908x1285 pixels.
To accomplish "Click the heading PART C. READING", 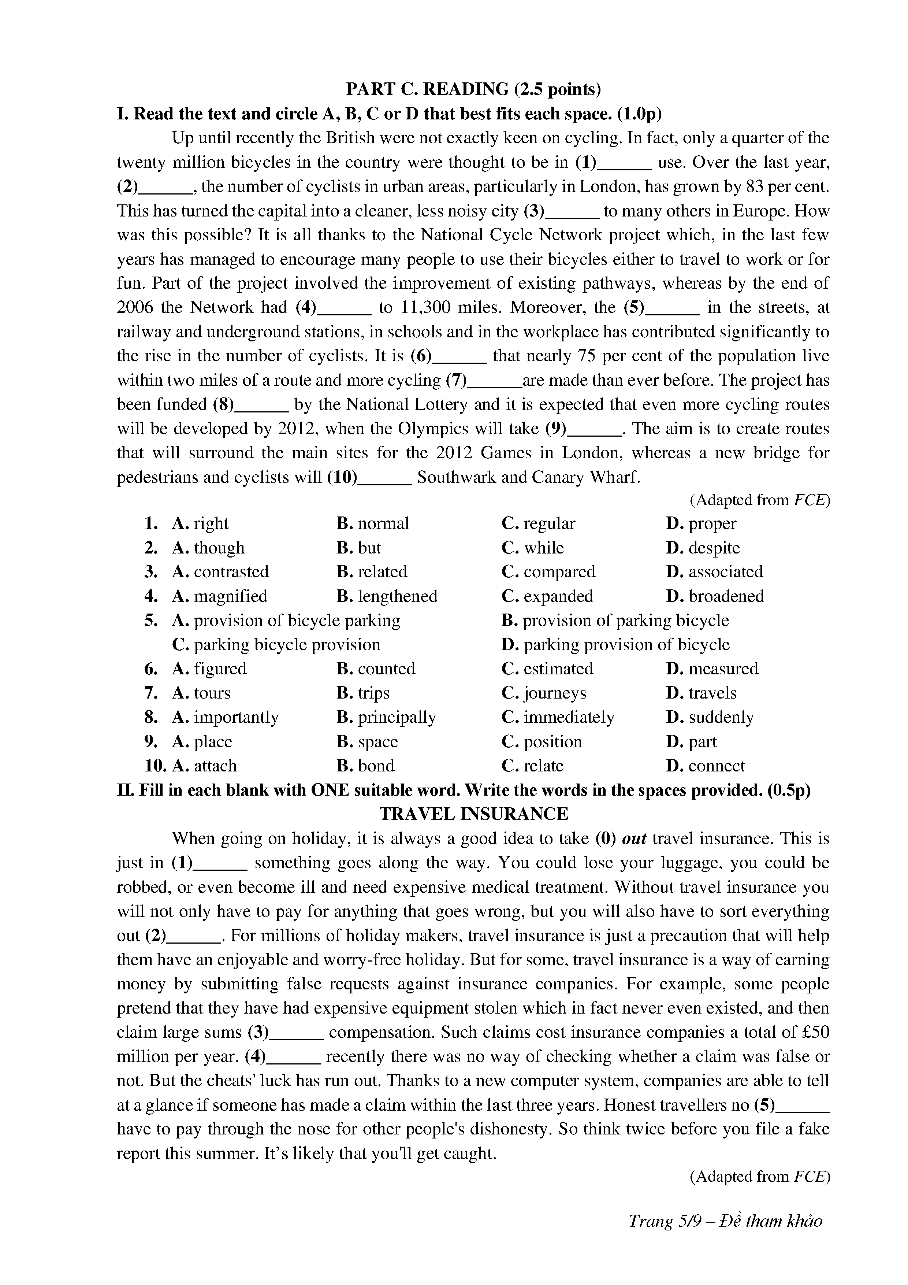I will pyautogui.click(x=473, y=89).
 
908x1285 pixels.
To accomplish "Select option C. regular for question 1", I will pyautogui.click(x=538, y=523).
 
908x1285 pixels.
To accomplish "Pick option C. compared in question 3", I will pyautogui.click(x=548, y=571).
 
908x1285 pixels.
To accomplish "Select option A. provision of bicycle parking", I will pyautogui.click(x=286, y=620).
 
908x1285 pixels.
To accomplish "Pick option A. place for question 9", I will pyautogui.click(x=202, y=741).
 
